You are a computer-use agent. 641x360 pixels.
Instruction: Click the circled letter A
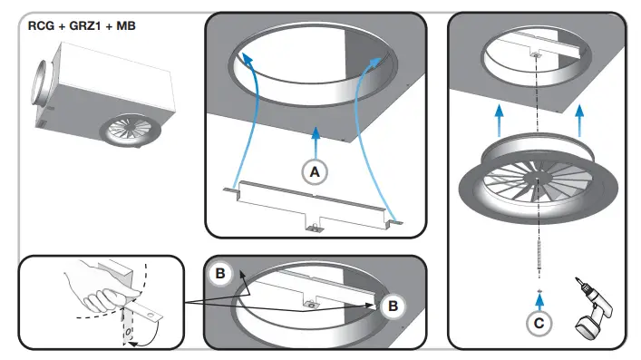point(315,172)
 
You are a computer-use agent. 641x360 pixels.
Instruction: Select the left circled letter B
point(221,272)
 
